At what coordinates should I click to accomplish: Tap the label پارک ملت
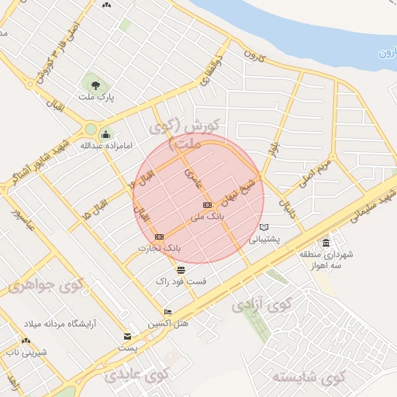point(95,98)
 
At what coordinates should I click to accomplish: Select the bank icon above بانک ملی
point(207,205)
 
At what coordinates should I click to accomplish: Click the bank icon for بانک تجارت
point(160,236)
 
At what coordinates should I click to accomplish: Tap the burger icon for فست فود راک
point(181,270)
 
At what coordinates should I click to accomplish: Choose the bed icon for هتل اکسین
point(168,312)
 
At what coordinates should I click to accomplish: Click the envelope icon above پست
point(128,337)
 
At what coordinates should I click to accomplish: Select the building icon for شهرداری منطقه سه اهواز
point(326,243)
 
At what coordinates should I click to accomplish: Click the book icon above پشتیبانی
point(265,227)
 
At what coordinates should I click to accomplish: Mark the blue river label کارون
point(387,53)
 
